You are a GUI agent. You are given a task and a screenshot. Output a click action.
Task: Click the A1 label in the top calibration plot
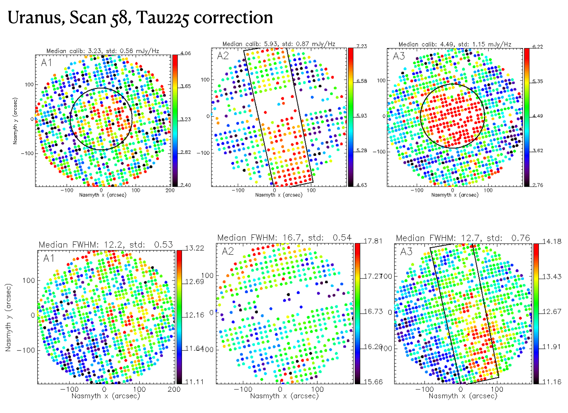[x=46, y=63]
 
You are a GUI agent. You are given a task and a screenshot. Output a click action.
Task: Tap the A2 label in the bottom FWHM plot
[x=228, y=251]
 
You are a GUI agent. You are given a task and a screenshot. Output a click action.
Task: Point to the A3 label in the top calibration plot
[x=399, y=56]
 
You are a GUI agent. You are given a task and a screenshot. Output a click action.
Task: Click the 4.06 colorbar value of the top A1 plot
[x=186, y=53]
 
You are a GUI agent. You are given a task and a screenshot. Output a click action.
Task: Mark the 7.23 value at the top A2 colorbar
[x=362, y=46]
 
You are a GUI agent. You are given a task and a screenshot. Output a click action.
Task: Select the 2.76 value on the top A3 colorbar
[x=538, y=185]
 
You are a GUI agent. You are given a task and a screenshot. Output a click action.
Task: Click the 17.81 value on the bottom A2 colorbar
[x=373, y=241]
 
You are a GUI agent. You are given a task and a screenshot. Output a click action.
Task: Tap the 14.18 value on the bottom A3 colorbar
[x=552, y=242]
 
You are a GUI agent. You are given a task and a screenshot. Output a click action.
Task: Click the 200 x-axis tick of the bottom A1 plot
[x=174, y=389]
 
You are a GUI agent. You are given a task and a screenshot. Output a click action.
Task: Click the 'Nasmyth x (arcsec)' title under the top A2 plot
[x=279, y=195]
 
